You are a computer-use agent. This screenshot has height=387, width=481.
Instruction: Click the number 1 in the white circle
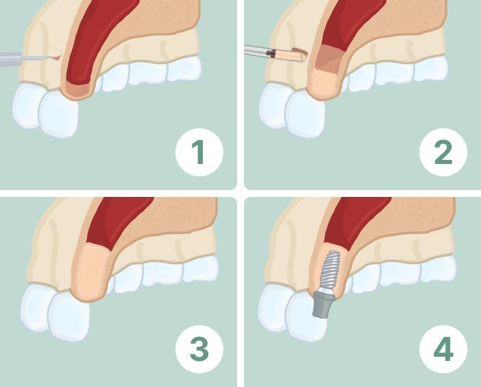(199, 152)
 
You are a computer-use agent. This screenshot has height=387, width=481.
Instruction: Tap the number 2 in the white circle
(443, 152)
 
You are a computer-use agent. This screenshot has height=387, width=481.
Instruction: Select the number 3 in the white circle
(199, 349)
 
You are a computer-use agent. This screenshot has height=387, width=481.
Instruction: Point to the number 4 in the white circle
(443, 349)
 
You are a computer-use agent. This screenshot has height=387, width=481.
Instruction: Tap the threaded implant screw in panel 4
(328, 270)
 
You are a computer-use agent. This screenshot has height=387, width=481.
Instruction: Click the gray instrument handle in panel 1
(11, 58)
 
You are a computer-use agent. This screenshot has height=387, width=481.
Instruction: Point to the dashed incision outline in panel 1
(56, 51)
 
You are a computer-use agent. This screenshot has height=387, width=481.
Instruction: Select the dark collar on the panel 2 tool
(271, 54)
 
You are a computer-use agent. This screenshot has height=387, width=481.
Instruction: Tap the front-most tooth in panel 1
(58, 114)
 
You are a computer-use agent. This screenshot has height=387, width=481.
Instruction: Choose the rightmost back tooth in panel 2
(430, 69)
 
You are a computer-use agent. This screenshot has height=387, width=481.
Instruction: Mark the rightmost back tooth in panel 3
(200, 270)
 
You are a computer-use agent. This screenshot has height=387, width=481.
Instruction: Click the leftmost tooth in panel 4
(274, 308)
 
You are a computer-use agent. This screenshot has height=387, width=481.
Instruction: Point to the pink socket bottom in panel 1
(77, 89)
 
